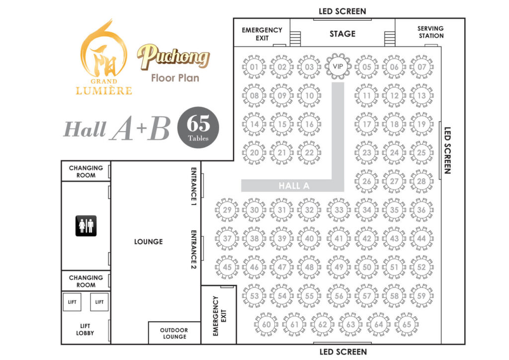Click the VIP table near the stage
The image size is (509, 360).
click(338, 67)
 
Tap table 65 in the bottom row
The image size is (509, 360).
click(407, 325)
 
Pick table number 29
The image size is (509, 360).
click(227, 210)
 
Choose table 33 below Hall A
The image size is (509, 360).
click(339, 210)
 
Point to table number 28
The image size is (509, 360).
click(422, 181)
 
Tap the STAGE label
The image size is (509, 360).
click(342, 34)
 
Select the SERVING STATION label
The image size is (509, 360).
click(430, 32)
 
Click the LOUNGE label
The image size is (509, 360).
click(148, 242)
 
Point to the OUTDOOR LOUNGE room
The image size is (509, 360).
click(174, 333)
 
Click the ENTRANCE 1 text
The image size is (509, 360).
click(194, 186)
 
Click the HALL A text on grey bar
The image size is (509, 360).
click(294, 185)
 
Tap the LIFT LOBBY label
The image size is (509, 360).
click(85, 329)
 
